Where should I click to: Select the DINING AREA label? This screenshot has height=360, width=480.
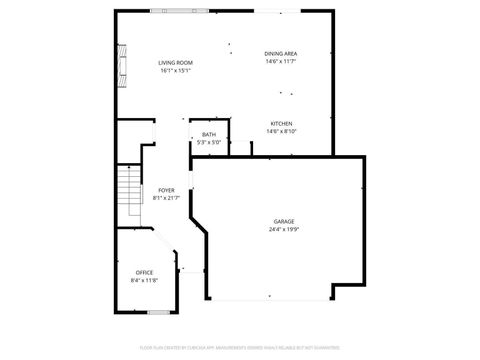pyautogui.click(x=281, y=53)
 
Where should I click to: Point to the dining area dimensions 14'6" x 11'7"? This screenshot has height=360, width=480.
pyautogui.click(x=281, y=61)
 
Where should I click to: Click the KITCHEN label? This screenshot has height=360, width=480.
pyautogui.click(x=281, y=123)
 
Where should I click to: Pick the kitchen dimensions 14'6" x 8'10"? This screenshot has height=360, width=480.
pyautogui.click(x=281, y=131)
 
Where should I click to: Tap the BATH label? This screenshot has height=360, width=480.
pyautogui.click(x=208, y=134)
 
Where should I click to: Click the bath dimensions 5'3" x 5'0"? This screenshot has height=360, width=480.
pyautogui.click(x=208, y=142)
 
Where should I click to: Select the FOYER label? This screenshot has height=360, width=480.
pyautogui.click(x=166, y=190)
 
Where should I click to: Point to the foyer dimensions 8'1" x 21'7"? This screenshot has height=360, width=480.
pyautogui.click(x=166, y=198)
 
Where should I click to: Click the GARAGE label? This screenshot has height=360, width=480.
pyautogui.click(x=284, y=221)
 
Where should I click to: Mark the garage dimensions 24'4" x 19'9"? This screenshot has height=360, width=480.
pyautogui.click(x=284, y=229)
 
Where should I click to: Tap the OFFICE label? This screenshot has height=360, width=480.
pyautogui.click(x=145, y=272)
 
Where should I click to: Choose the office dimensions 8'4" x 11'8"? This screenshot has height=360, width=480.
pyautogui.click(x=145, y=280)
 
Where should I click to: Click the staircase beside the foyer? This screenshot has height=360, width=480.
pyautogui.click(x=127, y=196)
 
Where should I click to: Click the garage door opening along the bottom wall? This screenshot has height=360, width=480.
pyautogui.click(x=270, y=298)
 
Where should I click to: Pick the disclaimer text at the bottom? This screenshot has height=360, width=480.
pyautogui.click(x=240, y=349)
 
